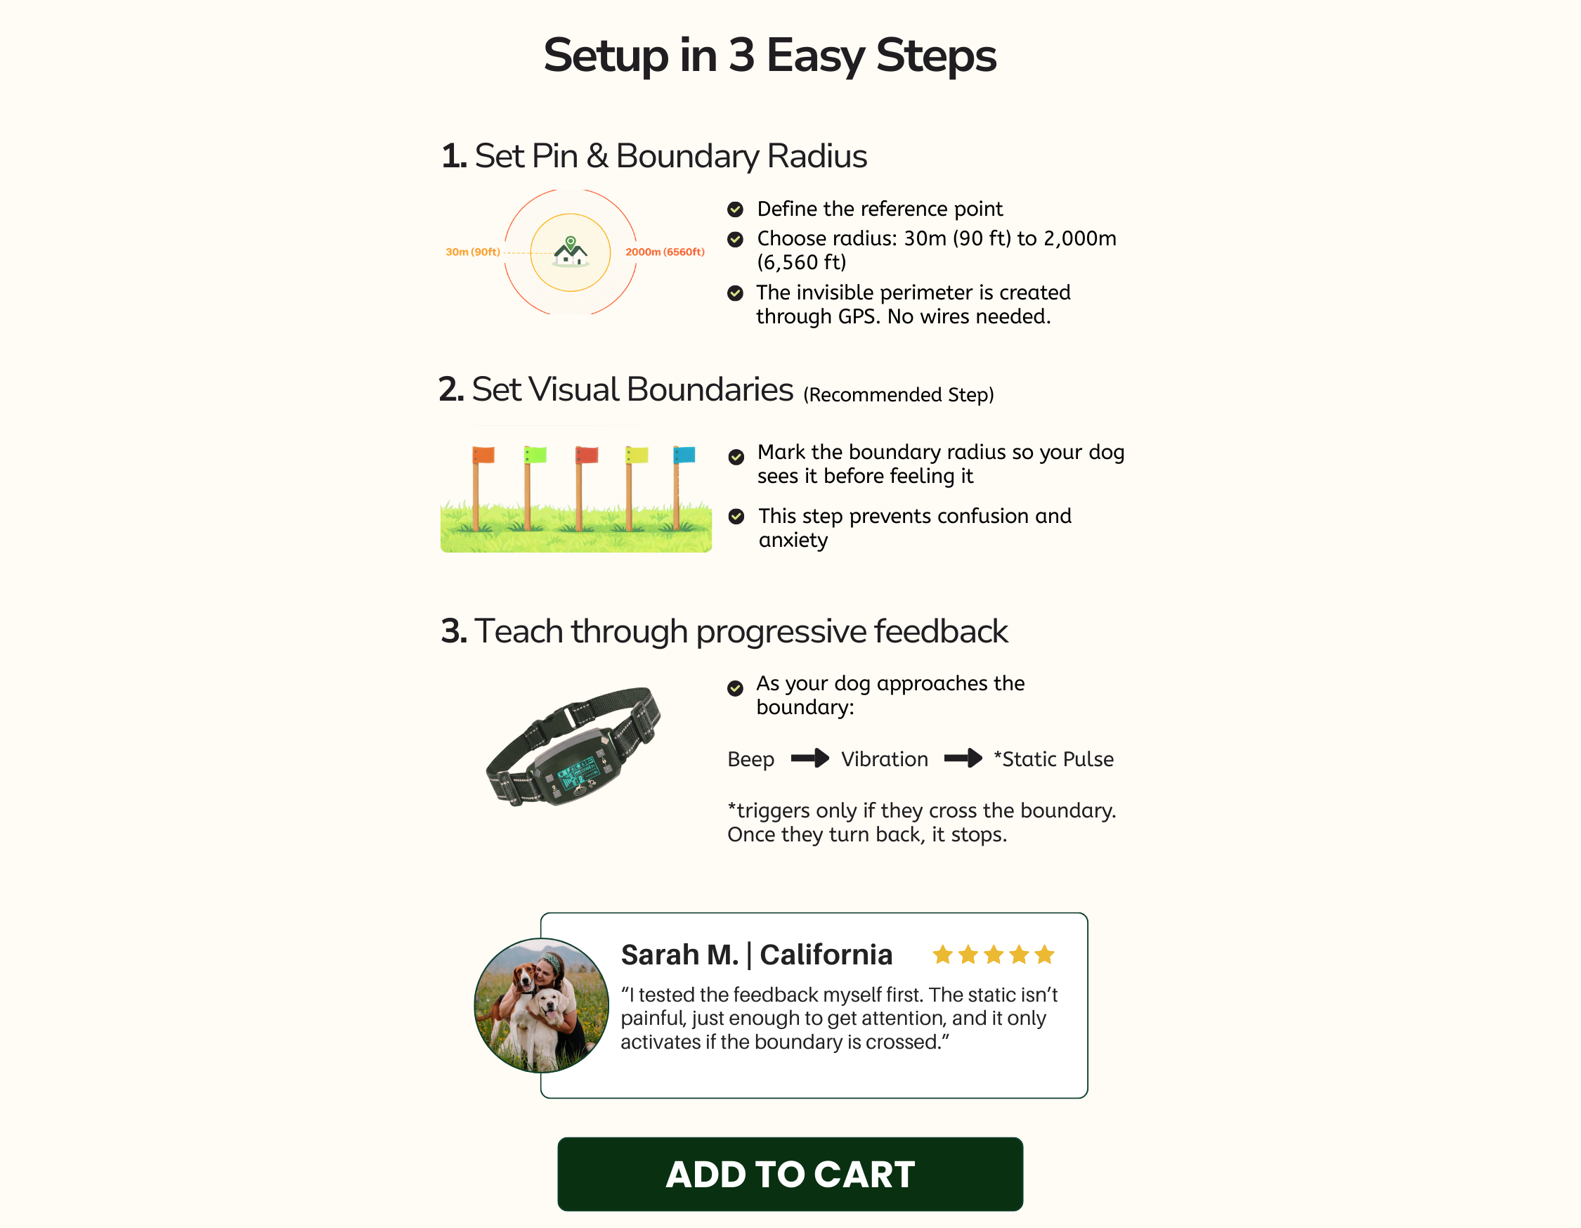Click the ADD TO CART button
click(x=790, y=1174)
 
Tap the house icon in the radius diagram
click(x=571, y=252)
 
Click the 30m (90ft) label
click(x=473, y=252)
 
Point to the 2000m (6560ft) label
click(x=665, y=252)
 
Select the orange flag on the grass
click(x=483, y=455)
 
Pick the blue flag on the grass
click(x=684, y=454)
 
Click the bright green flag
click(x=535, y=455)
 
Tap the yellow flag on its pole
click(x=637, y=455)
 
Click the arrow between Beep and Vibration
click(x=809, y=758)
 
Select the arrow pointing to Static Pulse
click(x=963, y=758)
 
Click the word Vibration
click(x=885, y=759)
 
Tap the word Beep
click(x=750, y=760)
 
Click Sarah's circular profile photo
click(x=542, y=1005)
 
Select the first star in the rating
click(x=942, y=955)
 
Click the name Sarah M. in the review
click(x=679, y=955)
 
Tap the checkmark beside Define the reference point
click(x=735, y=209)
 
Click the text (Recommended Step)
click(x=899, y=394)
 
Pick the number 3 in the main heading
click(x=742, y=55)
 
